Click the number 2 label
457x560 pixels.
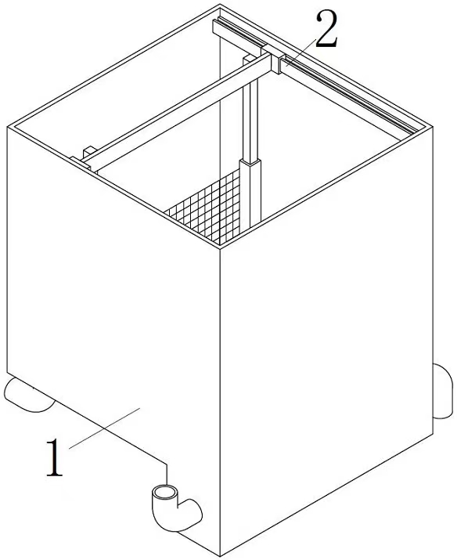coord(326,30)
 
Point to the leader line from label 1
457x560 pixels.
coord(105,428)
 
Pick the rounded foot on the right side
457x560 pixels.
coord(444,391)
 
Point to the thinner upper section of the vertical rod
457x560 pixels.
coord(250,117)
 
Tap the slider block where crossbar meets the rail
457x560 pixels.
coord(277,63)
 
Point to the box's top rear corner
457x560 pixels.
coord(220,5)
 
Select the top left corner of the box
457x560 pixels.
coord(7,126)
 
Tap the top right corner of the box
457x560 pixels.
coord(433,125)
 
